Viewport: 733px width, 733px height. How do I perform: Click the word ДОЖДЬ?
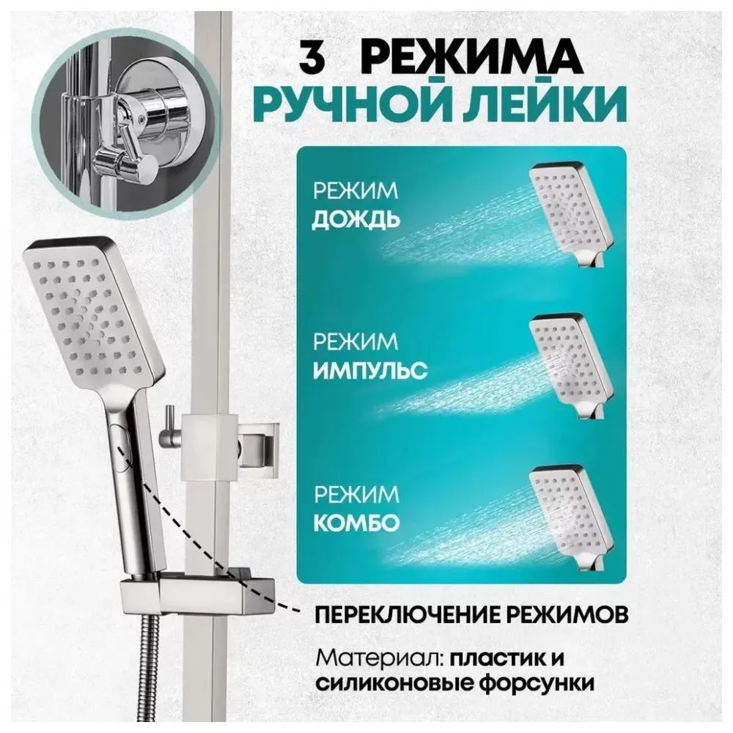pyautogui.click(x=356, y=221)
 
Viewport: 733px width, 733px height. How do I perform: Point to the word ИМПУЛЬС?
pyautogui.click(x=369, y=370)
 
